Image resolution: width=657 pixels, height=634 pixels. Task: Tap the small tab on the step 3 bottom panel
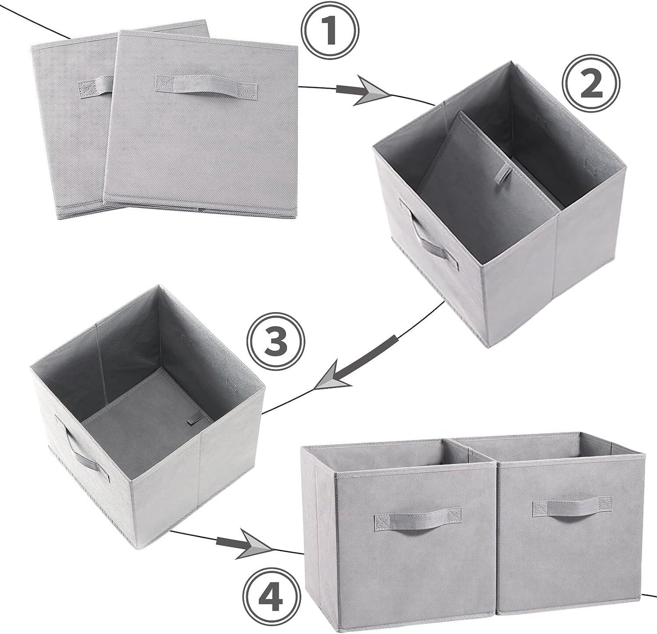[x=193, y=420]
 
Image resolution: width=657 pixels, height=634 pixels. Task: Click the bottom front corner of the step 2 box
[x=485, y=347]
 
